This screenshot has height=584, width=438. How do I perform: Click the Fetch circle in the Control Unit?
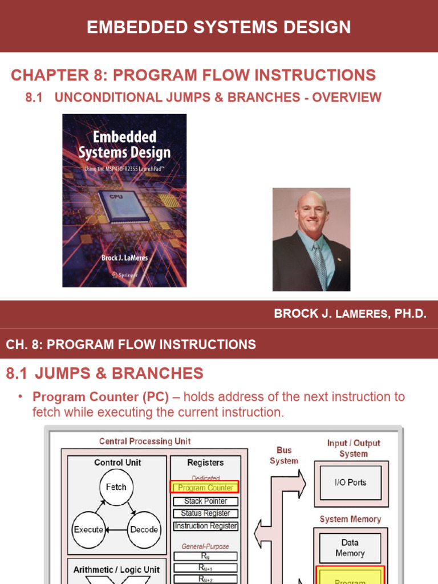point(116,487)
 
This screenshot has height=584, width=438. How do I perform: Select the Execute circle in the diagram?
point(88,529)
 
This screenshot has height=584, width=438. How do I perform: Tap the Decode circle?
point(144,529)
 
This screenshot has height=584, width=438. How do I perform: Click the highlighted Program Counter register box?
point(205,488)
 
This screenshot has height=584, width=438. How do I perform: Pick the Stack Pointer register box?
point(205,501)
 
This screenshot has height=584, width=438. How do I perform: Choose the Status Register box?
point(205,513)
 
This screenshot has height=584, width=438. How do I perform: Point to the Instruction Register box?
point(205,526)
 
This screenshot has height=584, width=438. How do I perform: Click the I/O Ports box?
point(350,482)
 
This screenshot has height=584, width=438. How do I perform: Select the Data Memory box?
point(350,547)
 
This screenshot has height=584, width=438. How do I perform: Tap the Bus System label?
point(284,455)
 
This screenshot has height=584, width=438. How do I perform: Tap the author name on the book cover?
point(124,258)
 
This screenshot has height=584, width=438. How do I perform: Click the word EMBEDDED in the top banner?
point(129,27)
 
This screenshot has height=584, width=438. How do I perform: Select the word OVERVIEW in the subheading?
point(347,97)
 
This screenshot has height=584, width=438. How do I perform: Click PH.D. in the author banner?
point(410,314)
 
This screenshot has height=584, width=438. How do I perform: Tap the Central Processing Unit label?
point(145,441)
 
